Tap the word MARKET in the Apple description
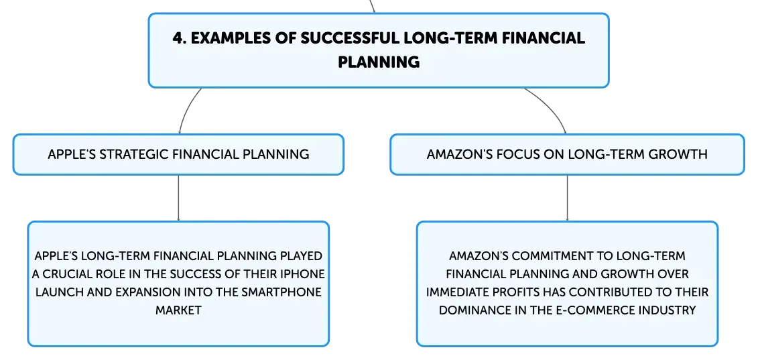[178, 310]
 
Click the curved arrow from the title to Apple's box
[186, 108]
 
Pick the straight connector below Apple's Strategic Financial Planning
[178, 198]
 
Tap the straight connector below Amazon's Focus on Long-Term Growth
[567, 198]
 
